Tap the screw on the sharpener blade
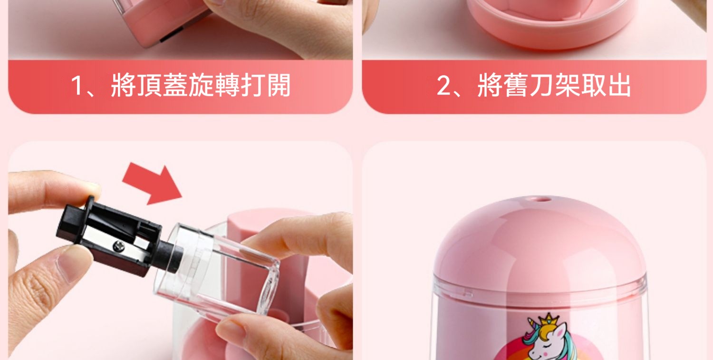coord(119,246)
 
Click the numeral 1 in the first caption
coord(77,86)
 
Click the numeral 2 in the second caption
coord(443,86)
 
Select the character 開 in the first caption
coord(279,85)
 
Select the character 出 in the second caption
coord(619,85)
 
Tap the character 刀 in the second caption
coord(541,85)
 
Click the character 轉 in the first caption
coord(227,85)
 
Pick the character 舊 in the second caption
coord(515,85)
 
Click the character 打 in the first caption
coord(253,85)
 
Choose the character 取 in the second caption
coord(594,85)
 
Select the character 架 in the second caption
coord(567,85)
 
